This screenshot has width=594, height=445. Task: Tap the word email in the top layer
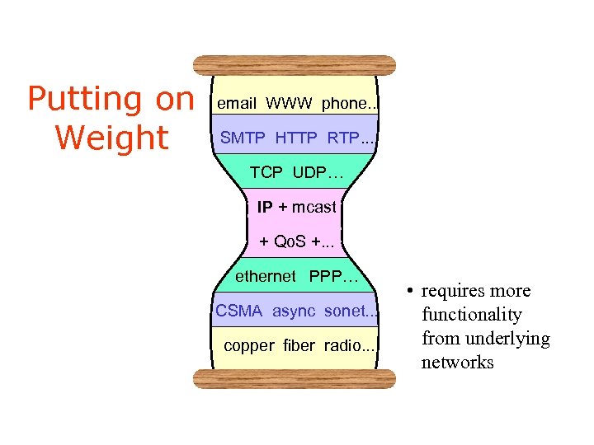(237, 104)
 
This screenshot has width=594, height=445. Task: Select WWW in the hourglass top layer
(289, 104)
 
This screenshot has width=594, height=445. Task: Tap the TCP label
(266, 173)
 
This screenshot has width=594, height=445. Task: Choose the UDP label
(313, 173)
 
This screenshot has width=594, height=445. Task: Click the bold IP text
(264, 208)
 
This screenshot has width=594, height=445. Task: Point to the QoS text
(290, 242)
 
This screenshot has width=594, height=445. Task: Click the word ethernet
(265, 277)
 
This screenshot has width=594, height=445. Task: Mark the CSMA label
(239, 311)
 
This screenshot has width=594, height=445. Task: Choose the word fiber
(299, 346)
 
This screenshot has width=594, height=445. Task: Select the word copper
(248, 346)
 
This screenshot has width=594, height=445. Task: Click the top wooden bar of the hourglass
(295, 65)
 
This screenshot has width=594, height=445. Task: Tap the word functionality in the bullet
(472, 315)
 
